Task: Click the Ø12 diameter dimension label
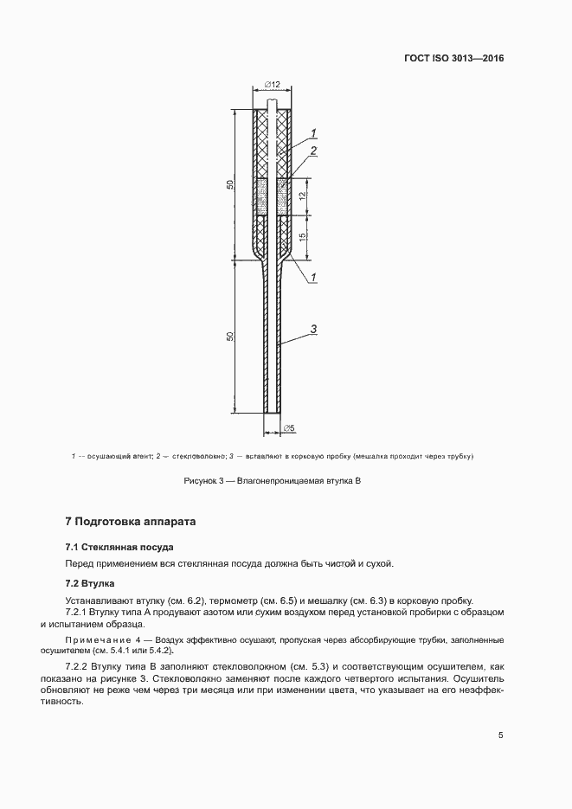271,85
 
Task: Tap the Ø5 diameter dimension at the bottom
289,427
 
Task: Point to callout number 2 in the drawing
313,151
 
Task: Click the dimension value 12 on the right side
301,197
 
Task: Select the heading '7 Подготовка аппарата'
132,522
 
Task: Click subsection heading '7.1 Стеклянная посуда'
119,547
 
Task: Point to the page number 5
500,735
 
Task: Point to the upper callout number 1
313,132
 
